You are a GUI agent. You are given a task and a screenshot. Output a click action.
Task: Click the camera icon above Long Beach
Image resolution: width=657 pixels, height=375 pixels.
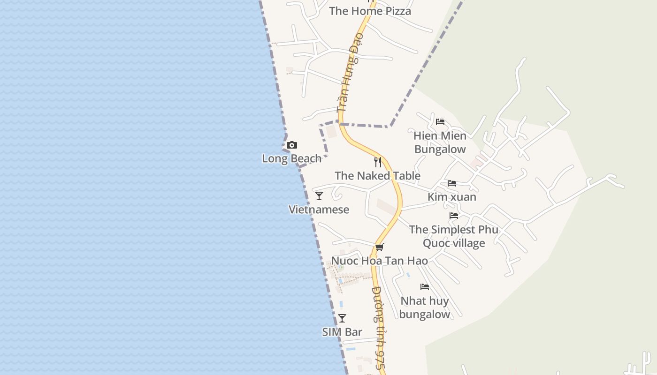click(x=291, y=145)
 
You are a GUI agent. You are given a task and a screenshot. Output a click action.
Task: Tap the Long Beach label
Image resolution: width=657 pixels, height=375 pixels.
click(x=291, y=158)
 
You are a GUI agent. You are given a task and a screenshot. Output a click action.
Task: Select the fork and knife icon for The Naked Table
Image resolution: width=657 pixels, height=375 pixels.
click(x=378, y=162)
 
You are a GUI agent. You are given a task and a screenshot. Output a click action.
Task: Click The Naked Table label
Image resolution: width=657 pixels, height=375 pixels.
click(x=377, y=176)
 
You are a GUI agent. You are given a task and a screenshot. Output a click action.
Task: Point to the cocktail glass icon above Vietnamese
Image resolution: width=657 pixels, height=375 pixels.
click(x=319, y=196)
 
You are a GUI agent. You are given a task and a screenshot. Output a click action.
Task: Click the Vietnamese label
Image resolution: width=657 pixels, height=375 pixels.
click(x=319, y=210)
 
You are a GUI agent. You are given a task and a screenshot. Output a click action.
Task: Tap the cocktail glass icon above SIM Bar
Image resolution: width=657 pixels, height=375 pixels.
click(x=342, y=318)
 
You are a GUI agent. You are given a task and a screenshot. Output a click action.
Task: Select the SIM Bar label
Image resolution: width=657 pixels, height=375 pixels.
click(x=342, y=332)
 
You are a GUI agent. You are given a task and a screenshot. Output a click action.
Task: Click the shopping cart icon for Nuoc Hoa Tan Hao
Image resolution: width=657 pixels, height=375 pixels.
click(x=379, y=247)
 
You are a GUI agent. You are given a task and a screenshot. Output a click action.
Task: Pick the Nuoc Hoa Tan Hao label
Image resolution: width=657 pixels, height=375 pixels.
click(x=379, y=261)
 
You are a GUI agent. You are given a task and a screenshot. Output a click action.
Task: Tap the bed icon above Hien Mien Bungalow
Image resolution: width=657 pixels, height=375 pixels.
click(x=440, y=122)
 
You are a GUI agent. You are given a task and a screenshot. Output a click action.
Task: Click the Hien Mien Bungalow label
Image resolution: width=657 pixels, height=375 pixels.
click(x=440, y=142)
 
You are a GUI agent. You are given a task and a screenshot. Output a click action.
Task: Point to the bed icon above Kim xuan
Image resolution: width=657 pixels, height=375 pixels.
click(x=452, y=183)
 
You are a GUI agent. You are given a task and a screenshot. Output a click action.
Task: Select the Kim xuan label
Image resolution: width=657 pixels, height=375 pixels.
click(x=452, y=197)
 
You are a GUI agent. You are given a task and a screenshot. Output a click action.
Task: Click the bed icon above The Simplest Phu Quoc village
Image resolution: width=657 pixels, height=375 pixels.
click(x=454, y=216)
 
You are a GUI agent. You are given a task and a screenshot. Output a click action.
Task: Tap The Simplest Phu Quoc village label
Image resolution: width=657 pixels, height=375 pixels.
click(x=454, y=236)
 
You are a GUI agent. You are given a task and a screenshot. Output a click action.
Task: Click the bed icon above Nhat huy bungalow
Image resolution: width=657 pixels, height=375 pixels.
click(x=425, y=287)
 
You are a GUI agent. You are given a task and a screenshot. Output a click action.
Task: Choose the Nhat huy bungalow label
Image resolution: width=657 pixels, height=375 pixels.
click(x=425, y=307)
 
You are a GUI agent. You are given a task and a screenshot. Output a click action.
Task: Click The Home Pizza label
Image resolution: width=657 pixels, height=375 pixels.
click(x=370, y=11)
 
